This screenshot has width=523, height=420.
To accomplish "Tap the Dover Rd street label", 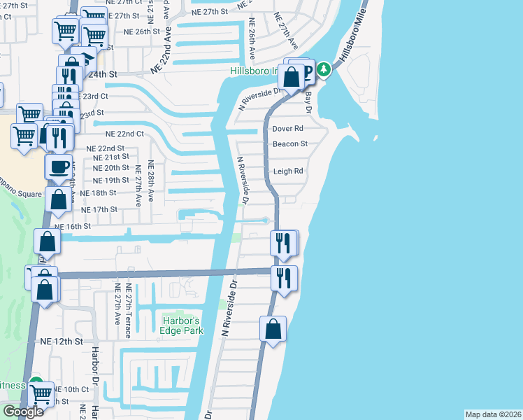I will click(287, 129).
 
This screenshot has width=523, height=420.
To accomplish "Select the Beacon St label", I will click(290, 144).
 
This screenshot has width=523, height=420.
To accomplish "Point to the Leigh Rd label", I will click(288, 171).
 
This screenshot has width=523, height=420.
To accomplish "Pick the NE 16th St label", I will click(73, 227).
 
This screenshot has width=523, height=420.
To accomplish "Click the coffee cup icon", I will click(57, 167).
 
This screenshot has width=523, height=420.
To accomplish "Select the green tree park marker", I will click(323, 70).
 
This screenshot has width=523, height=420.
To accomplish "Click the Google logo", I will click(23, 412).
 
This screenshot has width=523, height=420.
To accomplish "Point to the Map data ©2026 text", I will click(493, 414).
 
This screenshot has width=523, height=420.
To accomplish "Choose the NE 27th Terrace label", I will click(128, 310).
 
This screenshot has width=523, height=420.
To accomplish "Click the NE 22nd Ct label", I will click(124, 134).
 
